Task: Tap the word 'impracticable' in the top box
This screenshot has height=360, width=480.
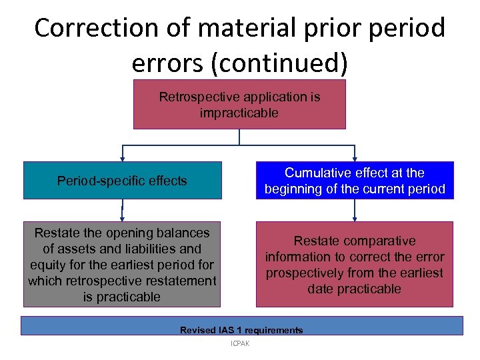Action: coord(239,113)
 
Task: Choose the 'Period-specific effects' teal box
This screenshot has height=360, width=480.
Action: coord(122,181)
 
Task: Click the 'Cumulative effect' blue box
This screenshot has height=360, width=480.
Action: coord(354,181)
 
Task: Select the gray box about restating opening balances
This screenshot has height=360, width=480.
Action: coord(122,264)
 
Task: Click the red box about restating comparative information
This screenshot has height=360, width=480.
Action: coord(354,264)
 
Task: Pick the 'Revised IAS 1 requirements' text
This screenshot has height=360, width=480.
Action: coord(241,330)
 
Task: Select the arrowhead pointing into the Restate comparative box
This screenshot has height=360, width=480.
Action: coord(355,218)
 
